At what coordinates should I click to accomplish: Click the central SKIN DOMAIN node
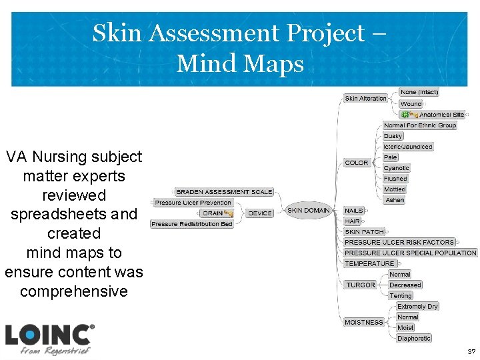[x=309, y=211]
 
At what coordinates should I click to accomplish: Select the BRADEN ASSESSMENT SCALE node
[x=224, y=192]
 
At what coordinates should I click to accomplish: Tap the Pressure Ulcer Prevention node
[x=193, y=203]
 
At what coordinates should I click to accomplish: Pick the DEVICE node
[x=260, y=213]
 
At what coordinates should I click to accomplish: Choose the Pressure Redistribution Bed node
[x=192, y=224]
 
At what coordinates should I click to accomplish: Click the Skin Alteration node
[x=365, y=99]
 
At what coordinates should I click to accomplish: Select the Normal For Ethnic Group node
[x=420, y=125]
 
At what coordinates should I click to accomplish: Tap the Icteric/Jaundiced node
[x=408, y=147]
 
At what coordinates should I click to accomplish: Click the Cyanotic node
[x=397, y=168]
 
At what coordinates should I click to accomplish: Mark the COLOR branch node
[x=357, y=163]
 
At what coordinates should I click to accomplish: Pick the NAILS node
[x=354, y=211]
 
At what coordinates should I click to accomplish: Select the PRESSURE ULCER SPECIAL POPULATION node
[x=411, y=253]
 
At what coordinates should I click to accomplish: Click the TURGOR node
[x=361, y=285]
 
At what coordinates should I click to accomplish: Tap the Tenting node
[x=401, y=295]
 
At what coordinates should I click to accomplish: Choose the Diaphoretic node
[x=414, y=338]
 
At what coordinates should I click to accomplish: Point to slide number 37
[x=471, y=351]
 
